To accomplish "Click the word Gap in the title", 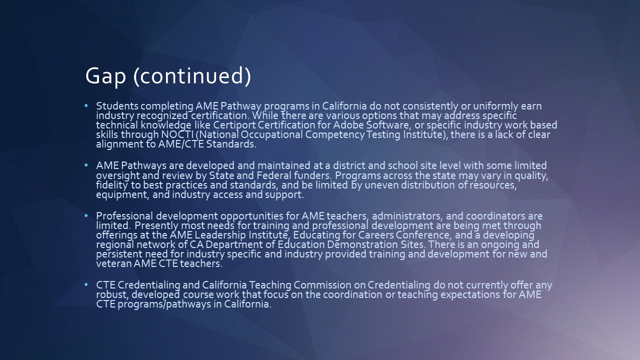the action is coord(105,76).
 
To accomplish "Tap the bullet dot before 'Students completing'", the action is coord(86,106).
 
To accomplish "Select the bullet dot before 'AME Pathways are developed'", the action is coord(86,165).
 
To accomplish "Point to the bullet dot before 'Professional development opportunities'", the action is coord(86,216).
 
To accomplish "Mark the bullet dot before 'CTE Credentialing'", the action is coord(86,285).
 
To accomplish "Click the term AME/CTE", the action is coord(181,143).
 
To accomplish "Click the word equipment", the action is coord(122,194).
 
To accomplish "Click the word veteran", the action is coord(113,263).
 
